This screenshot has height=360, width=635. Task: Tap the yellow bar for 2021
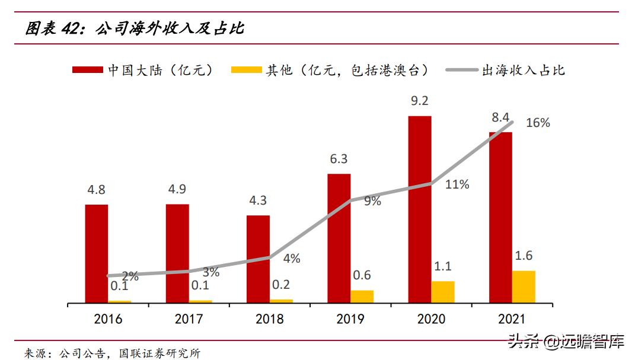(x=524, y=287)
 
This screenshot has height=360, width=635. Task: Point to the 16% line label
(x=538, y=123)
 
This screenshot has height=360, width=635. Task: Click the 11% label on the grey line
(x=457, y=184)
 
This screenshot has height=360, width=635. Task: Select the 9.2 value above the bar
(x=420, y=101)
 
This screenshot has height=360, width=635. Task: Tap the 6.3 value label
(x=339, y=159)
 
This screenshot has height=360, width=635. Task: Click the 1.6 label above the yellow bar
(x=524, y=256)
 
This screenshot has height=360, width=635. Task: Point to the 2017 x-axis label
(x=189, y=319)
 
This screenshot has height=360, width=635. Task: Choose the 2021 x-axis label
(x=512, y=319)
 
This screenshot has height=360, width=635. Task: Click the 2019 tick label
(x=350, y=319)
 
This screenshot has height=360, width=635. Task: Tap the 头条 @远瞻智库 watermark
(x=566, y=341)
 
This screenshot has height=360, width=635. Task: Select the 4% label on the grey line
(x=291, y=259)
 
